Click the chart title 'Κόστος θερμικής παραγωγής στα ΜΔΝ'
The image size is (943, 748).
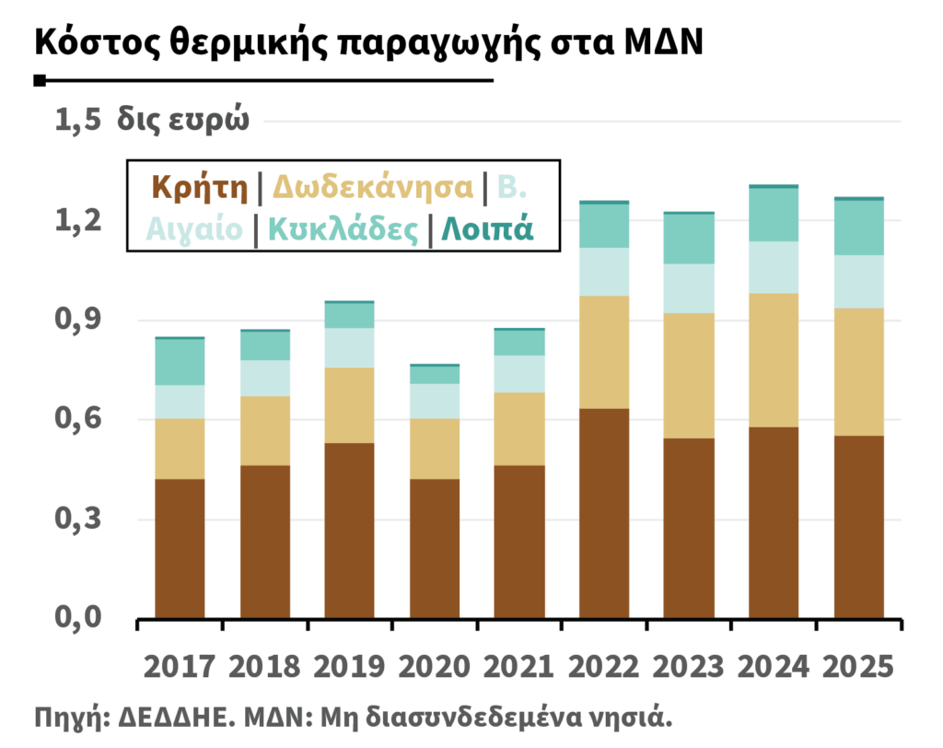[368, 42]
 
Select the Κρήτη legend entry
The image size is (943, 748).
[200, 187]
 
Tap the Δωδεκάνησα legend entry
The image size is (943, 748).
[373, 187]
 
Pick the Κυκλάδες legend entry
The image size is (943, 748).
[343, 229]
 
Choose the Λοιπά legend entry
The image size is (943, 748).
[487, 229]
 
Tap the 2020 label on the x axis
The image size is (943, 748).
[435, 667]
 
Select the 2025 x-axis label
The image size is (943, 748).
[858, 667]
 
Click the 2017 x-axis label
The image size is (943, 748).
[180, 667]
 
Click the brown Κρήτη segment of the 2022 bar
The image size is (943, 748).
[604, 513]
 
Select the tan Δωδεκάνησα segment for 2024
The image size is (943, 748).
[774, 360]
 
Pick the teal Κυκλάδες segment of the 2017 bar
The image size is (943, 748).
[180, 362]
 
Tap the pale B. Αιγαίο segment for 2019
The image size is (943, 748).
[349, 348]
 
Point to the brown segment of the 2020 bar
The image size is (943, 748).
[435, 548]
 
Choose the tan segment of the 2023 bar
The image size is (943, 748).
[689, 376]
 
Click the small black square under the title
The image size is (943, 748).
[40, 81]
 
